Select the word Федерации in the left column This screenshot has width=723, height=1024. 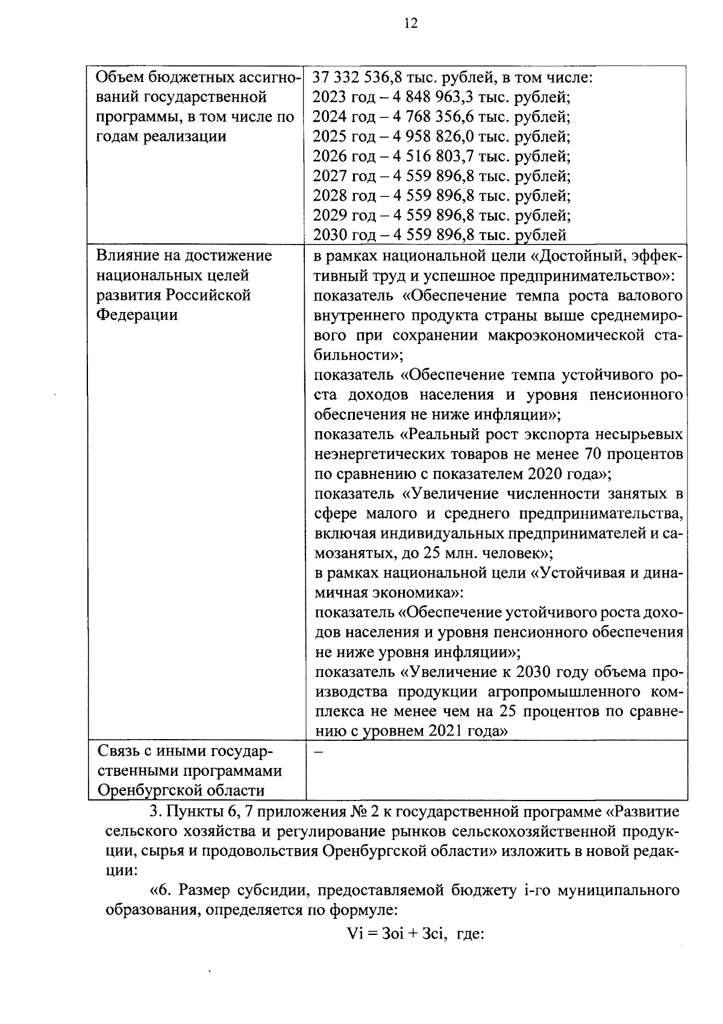pyautogui.click(x=137, y=314)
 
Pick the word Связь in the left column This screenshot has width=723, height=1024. pyautogui.click(x=119, y=752)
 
